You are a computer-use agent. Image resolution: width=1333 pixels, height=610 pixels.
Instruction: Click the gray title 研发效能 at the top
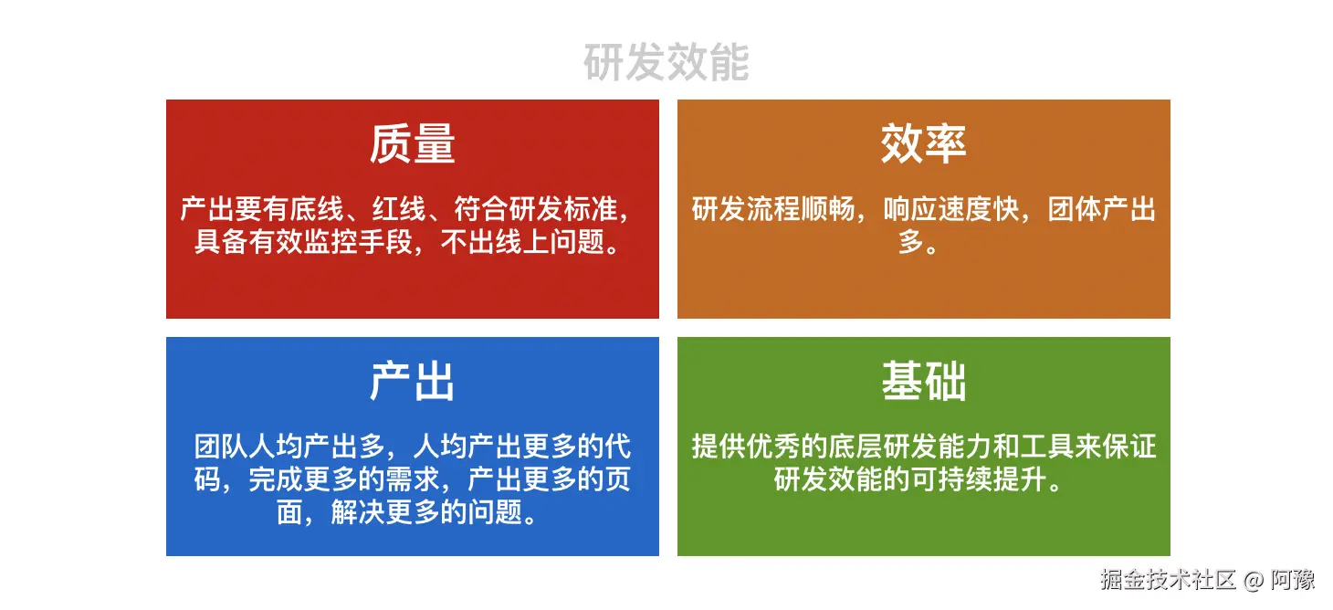(x=666, y=62)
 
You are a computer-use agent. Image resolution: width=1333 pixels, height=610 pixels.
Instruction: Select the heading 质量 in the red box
(x=413, y=143)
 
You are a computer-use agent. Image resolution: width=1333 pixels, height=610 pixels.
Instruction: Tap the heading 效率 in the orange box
(x=924, y=143)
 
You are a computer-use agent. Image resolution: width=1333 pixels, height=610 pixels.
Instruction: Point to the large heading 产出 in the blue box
(x=413, y=381)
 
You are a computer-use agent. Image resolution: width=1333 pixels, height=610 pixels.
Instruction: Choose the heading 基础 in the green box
(x=924, y=381)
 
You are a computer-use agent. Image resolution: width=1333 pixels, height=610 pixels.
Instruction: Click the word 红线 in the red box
(x=399, y=209)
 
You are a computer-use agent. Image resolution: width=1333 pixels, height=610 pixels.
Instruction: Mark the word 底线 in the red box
(x=317, y=209)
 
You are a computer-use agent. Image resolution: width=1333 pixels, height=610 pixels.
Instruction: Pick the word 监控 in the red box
(x=331, y=242)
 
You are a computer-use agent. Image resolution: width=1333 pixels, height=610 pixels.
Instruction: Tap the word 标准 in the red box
(x=591, y=209)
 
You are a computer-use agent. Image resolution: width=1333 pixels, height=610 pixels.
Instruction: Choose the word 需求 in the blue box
(x=413, y=479)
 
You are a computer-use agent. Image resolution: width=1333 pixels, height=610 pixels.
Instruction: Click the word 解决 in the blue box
(x=358, y=512)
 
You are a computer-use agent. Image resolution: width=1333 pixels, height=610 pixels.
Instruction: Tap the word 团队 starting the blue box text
(x=221, y=447)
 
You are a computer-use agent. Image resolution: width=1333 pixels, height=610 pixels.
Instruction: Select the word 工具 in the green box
(x=1046, y=447)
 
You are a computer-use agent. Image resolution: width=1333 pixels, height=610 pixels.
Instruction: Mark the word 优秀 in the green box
(x=773, y=447)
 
